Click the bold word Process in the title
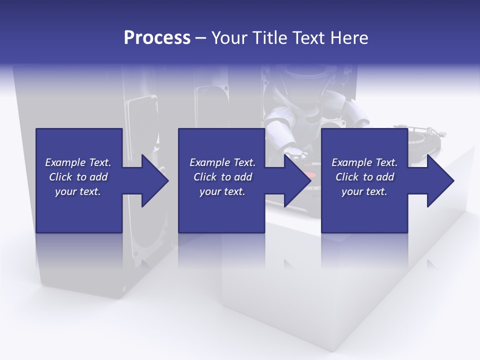pyautogui.click(x=157, y=38)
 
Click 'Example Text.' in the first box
pyautogui.click(x=78, y=162)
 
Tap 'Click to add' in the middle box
pyautogui.click(x=222, y=177)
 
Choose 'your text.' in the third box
pyautogui.click(x=364, y=191)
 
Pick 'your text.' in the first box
pyautogui.click(x=78, y=191)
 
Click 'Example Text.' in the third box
pyautogui.click(x=364, y=162)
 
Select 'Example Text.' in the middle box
pyautogui.click(x=222, y=162)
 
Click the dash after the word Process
pyautogui.click(x=200, y=38)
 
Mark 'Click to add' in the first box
pyautogui.click(x=78, y=177)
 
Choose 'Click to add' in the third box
pyautogui.click(x=364, y=177)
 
